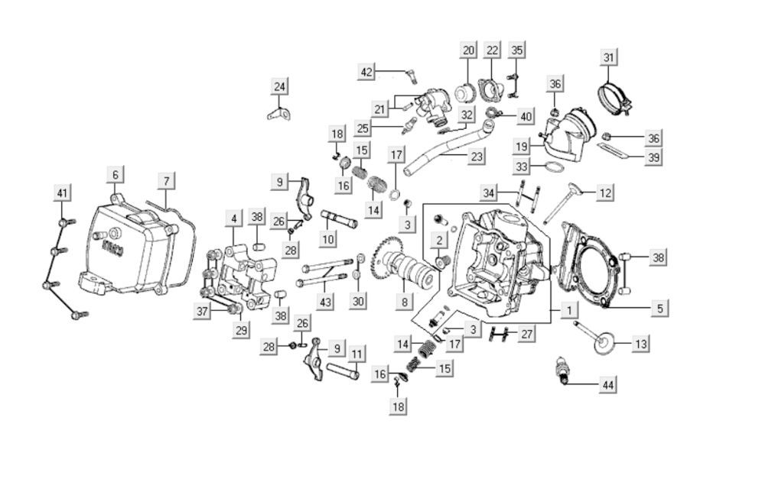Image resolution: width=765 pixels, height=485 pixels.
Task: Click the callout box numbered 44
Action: pos(607,385)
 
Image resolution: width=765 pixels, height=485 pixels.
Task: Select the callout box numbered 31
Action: pos(608,57)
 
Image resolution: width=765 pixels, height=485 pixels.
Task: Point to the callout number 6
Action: pos(116,175)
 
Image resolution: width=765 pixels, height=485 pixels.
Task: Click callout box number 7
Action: pos(166,181)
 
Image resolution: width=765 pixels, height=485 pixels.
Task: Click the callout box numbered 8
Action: pos(405,302)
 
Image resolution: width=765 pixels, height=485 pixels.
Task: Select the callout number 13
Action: pos(640,344)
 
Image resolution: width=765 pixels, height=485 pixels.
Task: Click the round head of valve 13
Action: pos(604,341)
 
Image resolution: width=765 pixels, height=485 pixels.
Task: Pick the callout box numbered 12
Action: pos(605,193)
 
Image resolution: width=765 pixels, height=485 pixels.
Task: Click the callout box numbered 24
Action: pos(280,86)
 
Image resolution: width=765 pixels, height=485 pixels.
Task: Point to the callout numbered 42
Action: pos(367,72)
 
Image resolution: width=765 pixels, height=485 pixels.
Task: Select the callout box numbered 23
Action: pos(477,157)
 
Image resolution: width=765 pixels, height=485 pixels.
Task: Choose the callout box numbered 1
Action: pos(568,310)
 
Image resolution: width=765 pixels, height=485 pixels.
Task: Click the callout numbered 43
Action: pos(326,302)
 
